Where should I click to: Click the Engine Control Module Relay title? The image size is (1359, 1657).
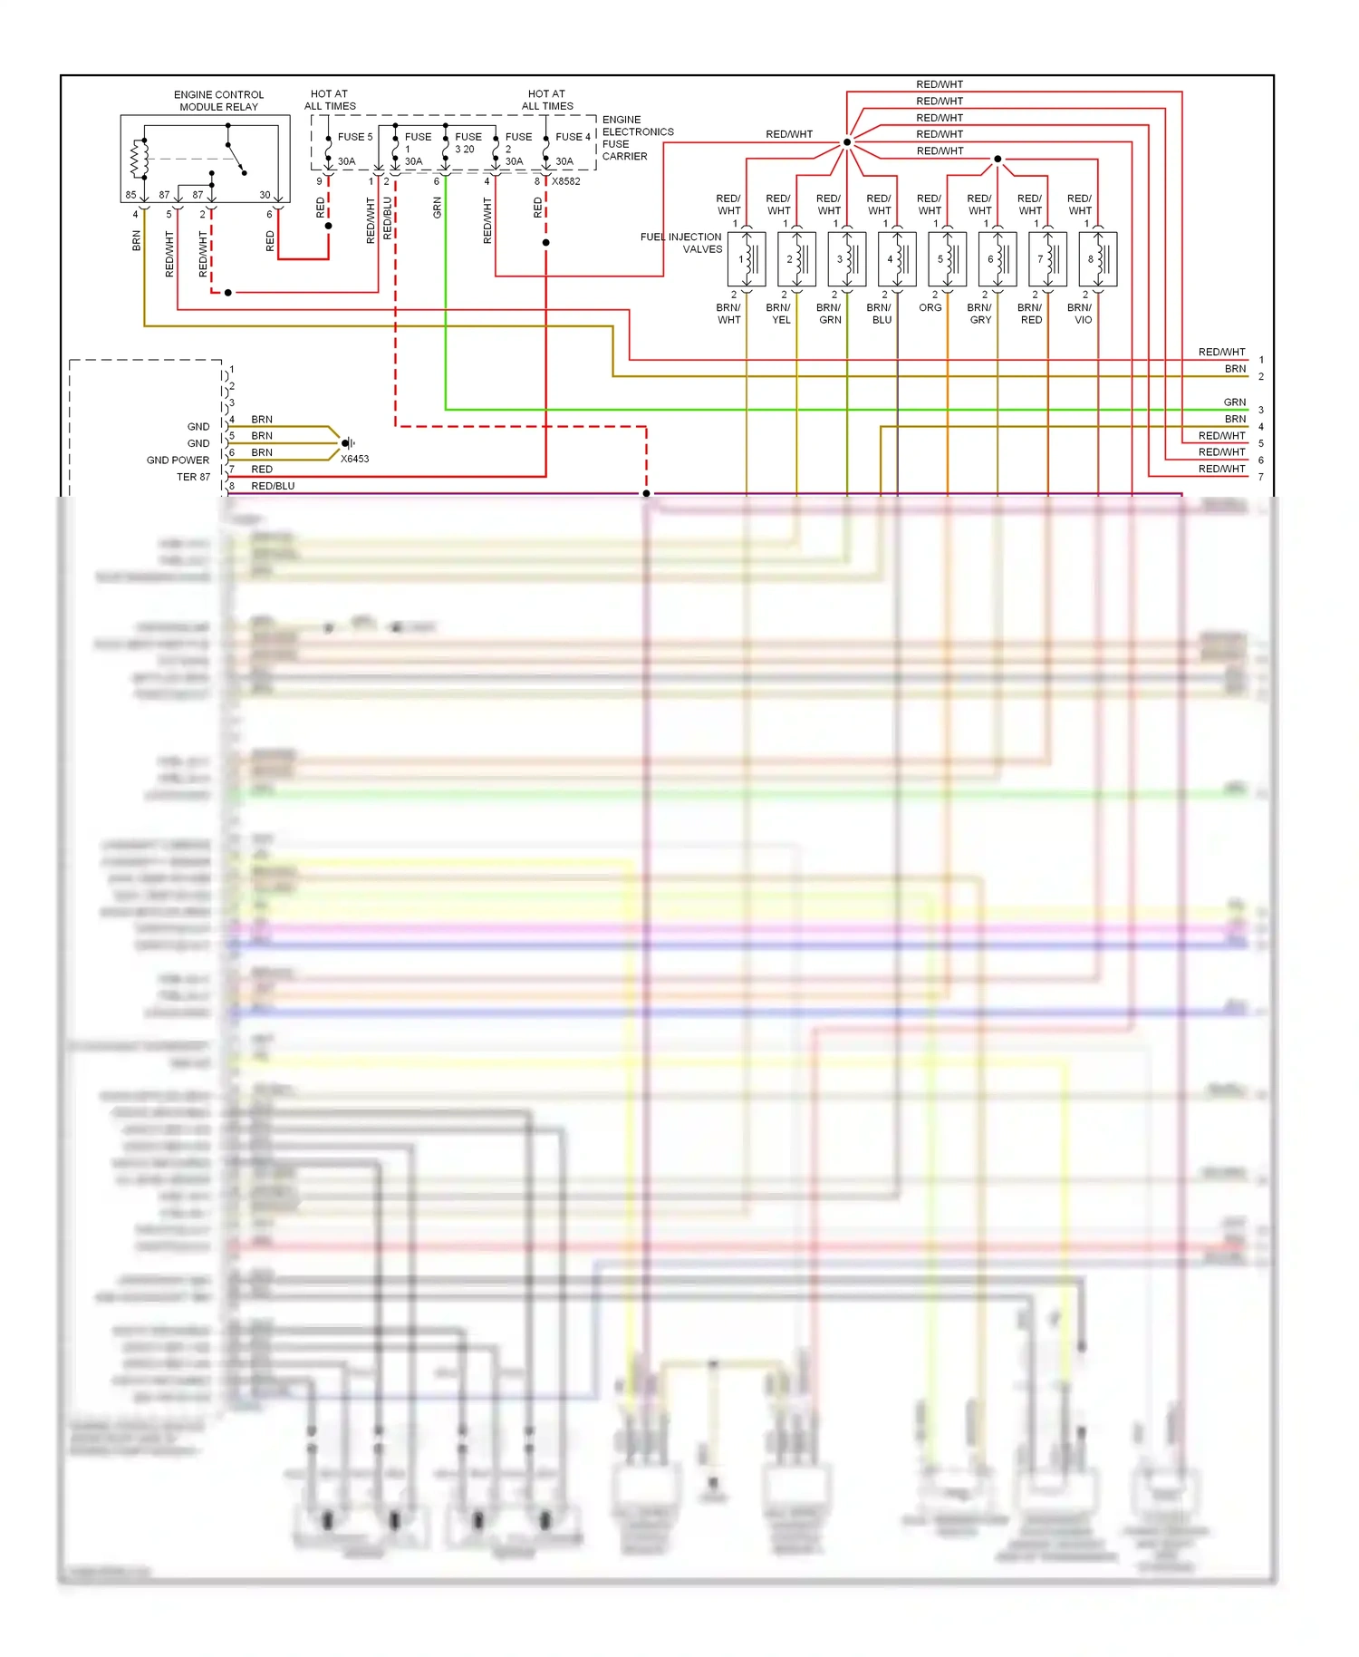(218, 101)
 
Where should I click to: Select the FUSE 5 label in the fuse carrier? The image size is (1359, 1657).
(354, 137)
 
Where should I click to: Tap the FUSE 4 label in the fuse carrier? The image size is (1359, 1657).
(573, 137)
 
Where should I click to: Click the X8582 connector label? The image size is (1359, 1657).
(566, 181)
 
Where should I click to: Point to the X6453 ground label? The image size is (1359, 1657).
(354, 459)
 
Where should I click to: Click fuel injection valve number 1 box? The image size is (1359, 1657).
(747, 259)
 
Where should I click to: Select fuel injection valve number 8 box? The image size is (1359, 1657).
(1097, 259)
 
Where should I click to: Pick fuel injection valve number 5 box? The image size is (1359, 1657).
(947, 259)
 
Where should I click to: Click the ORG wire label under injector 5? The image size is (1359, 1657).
(930, 308)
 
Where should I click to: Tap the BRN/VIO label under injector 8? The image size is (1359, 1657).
(1081, 314)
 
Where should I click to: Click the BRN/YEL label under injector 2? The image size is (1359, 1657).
(779, 314)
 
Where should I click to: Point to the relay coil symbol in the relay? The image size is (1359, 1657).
(139, 160)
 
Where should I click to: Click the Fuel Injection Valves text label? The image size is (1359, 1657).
(681, 243)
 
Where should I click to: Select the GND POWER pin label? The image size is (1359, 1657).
(178, 460)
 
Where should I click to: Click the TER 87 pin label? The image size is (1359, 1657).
(193, 477)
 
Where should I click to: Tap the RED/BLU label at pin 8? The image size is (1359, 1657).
(273, 486)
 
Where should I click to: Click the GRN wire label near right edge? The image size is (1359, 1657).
(1234, 402)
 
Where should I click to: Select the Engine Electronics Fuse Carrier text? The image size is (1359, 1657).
(637, 138)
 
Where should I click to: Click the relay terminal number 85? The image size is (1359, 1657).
(130, 195)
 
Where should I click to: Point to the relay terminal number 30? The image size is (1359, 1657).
(265, 195)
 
